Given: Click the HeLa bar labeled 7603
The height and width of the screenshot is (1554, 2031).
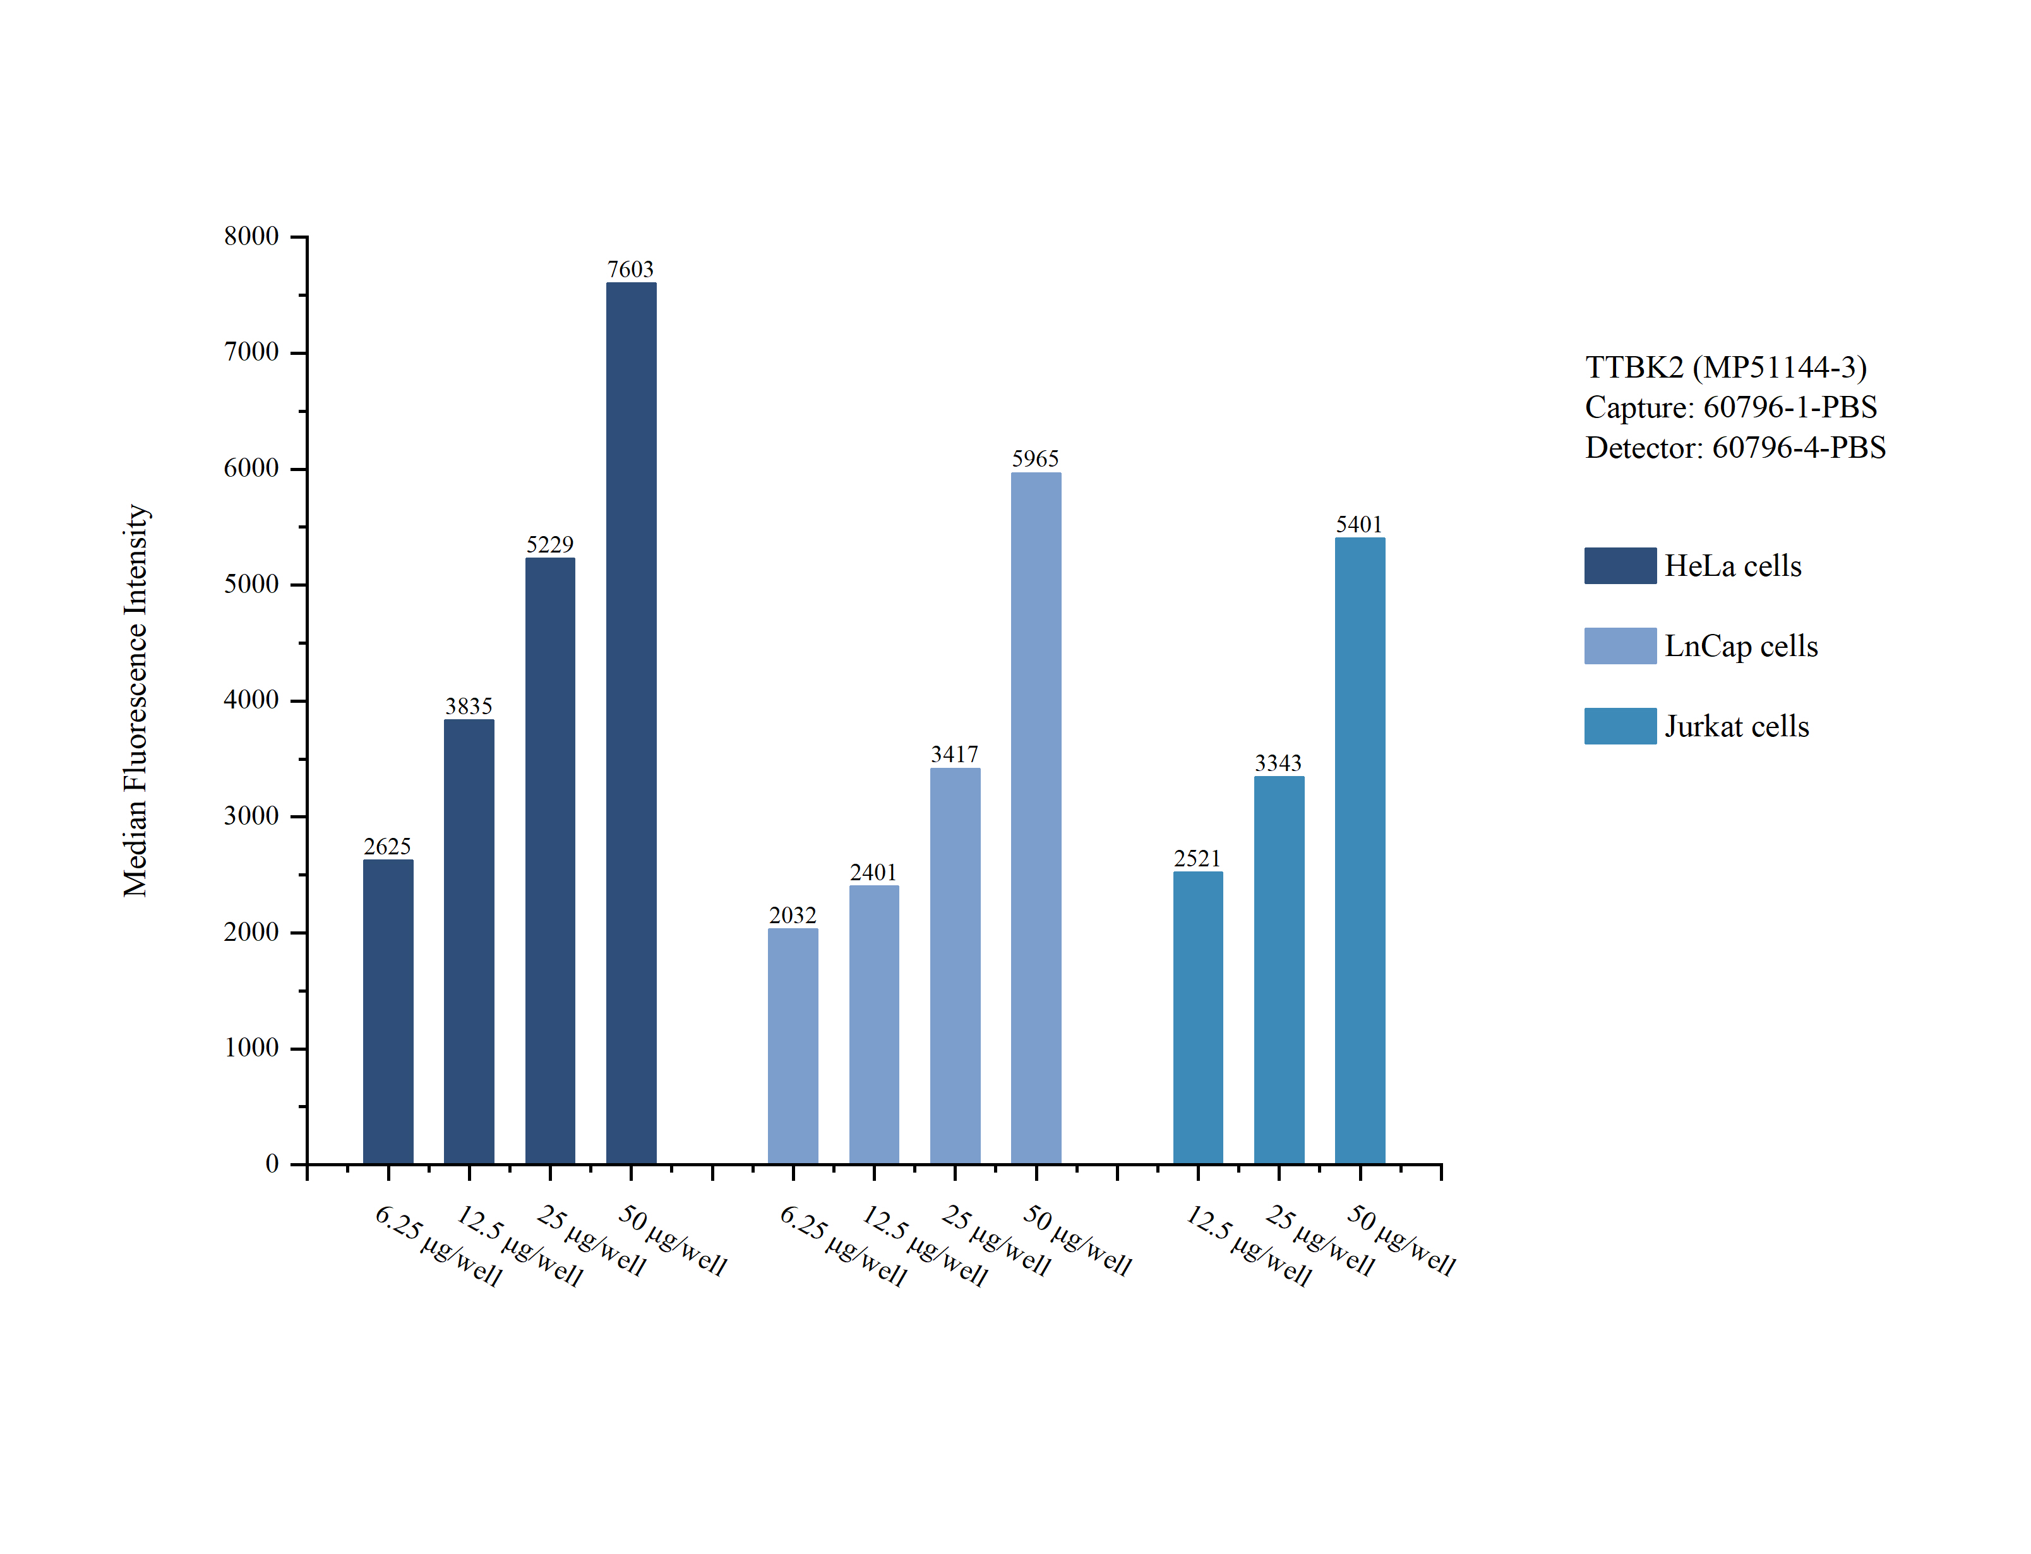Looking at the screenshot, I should click(631, 722).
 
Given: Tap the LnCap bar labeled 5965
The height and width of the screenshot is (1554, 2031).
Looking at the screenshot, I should click(1035, 818).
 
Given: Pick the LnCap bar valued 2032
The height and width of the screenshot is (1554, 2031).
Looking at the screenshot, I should click(793, 1045).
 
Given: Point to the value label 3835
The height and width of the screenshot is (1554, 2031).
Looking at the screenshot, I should click(469, 707).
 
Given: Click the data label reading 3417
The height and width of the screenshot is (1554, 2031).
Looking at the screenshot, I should click(954, 755).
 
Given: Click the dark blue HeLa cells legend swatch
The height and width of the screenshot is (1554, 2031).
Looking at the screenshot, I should click(1619, 565).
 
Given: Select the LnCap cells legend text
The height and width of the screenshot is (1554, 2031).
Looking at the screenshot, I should click(1740, 645).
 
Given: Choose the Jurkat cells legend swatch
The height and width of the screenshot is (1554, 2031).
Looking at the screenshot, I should click(1619, 726).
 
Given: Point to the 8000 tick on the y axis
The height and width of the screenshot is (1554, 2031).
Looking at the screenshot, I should click(251, 237).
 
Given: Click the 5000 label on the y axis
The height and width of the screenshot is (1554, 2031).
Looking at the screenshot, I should click(251, 585).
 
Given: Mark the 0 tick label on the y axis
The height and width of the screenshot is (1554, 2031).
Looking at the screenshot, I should click(272, 1164).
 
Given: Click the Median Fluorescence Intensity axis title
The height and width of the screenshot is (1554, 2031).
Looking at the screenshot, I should click(136, 700).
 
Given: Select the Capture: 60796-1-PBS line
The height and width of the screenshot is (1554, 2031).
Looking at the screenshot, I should click(1730, 407).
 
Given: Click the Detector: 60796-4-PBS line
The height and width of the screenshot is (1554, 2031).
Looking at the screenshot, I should click(1734, 448).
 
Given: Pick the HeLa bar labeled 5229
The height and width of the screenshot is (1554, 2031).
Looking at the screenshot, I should click(549, 860).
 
